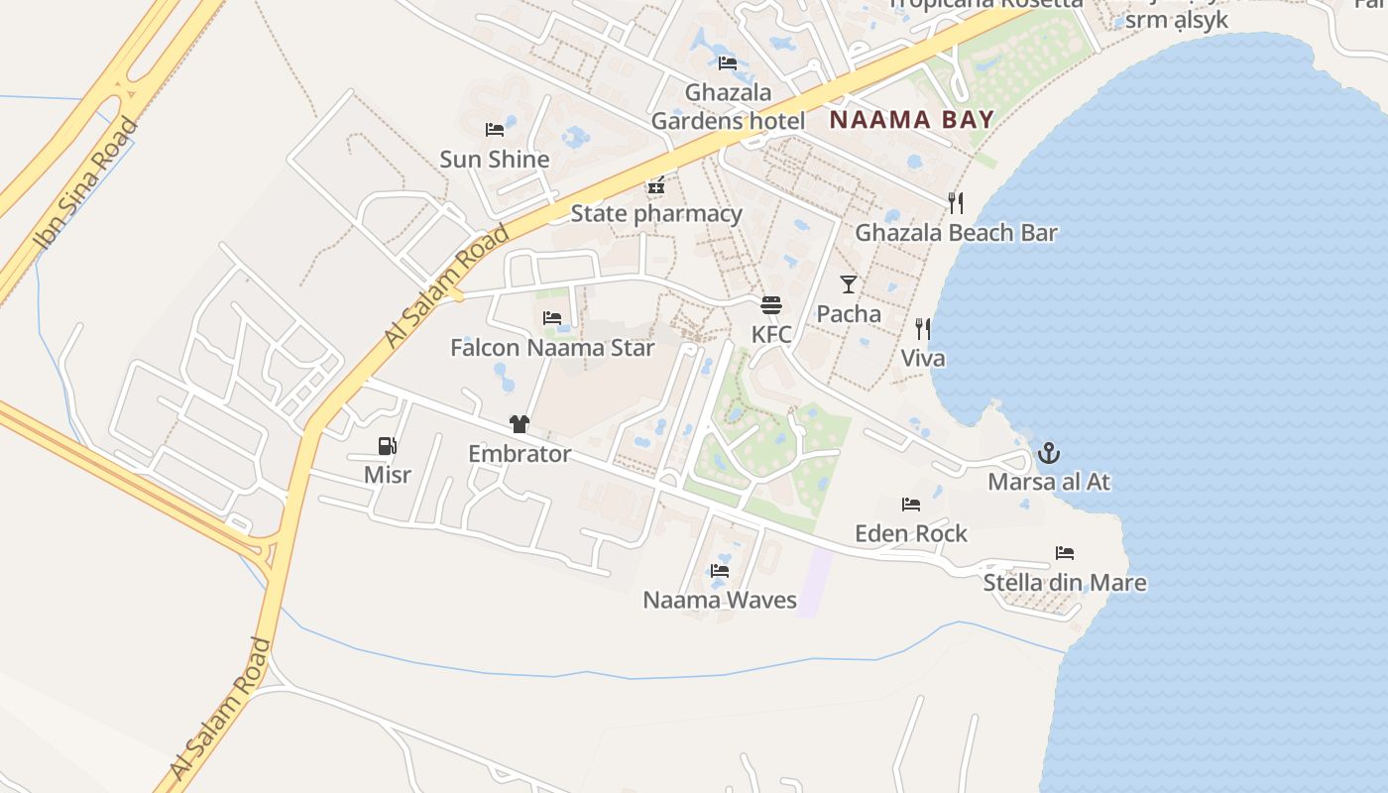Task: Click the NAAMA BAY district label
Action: click(x=911, y=121)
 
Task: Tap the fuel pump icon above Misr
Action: click(x=388, y=446)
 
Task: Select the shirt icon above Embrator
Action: click(x=520, y=424)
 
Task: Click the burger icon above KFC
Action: click(x=771, y=304)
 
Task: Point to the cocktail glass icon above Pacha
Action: click(x=849, y=284)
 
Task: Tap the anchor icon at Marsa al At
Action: click(x=1049, y=453)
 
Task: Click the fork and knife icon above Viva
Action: click(x=923, y=328)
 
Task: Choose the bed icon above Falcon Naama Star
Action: click(x=552, y=318)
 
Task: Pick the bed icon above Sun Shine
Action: click(x=495, y=130)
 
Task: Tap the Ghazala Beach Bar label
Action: click(x=956, y=233)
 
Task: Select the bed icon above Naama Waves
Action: click(x=720, y=571)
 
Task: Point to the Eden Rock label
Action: click(x=911, y=533)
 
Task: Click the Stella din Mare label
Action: click(x=1065, y=582)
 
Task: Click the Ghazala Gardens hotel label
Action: click(x=728, y=107)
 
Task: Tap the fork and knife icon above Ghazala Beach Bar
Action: click(x=956, y=203)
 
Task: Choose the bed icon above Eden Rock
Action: click(x=911, y=505)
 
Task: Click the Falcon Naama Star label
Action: click(x=552, y=348)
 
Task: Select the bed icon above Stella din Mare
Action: click(x=1065, y=553)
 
